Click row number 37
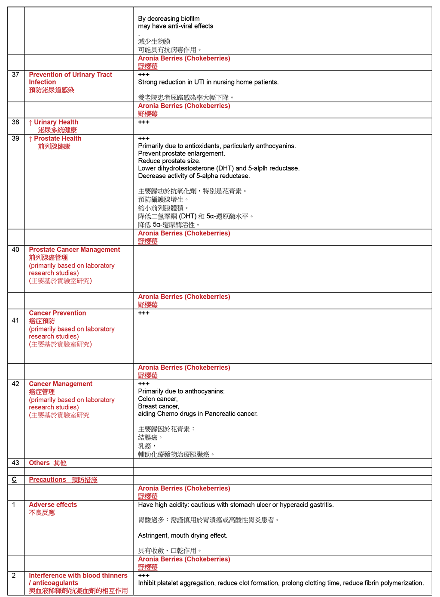(x=15, y=75)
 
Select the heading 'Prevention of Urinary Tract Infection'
(x=70, y=78)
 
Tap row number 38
(x=15, y=122)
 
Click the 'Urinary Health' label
(x=56, y=122)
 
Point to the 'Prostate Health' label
(x=58, y=139)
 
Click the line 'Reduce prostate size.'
(x=169, y=161)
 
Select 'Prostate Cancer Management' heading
(x=74, y=250)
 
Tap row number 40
(x=15, y=250)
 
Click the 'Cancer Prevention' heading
(x=57, y=313)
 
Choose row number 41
(x=15, y=320)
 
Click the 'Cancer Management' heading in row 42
(x=61, y=384)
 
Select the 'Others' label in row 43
(x=39, y=463)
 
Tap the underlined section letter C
(x=14, y=479)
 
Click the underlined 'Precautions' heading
(x=47, y=479)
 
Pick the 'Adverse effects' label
(x=53, y=505)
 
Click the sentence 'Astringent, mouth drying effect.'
(x=183, y=535)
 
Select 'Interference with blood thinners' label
(x=78, y=575)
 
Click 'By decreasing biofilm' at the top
(x=169, y=19)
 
